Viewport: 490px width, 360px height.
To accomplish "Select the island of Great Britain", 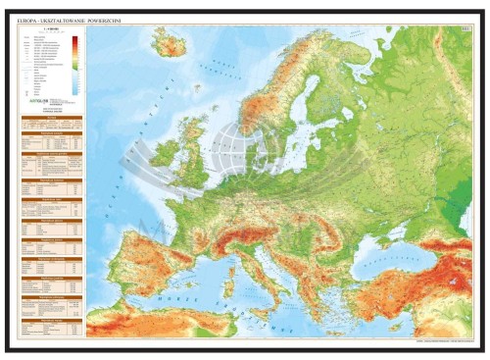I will (190, 157).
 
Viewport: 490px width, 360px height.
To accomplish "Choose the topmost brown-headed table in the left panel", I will (50, 129).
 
